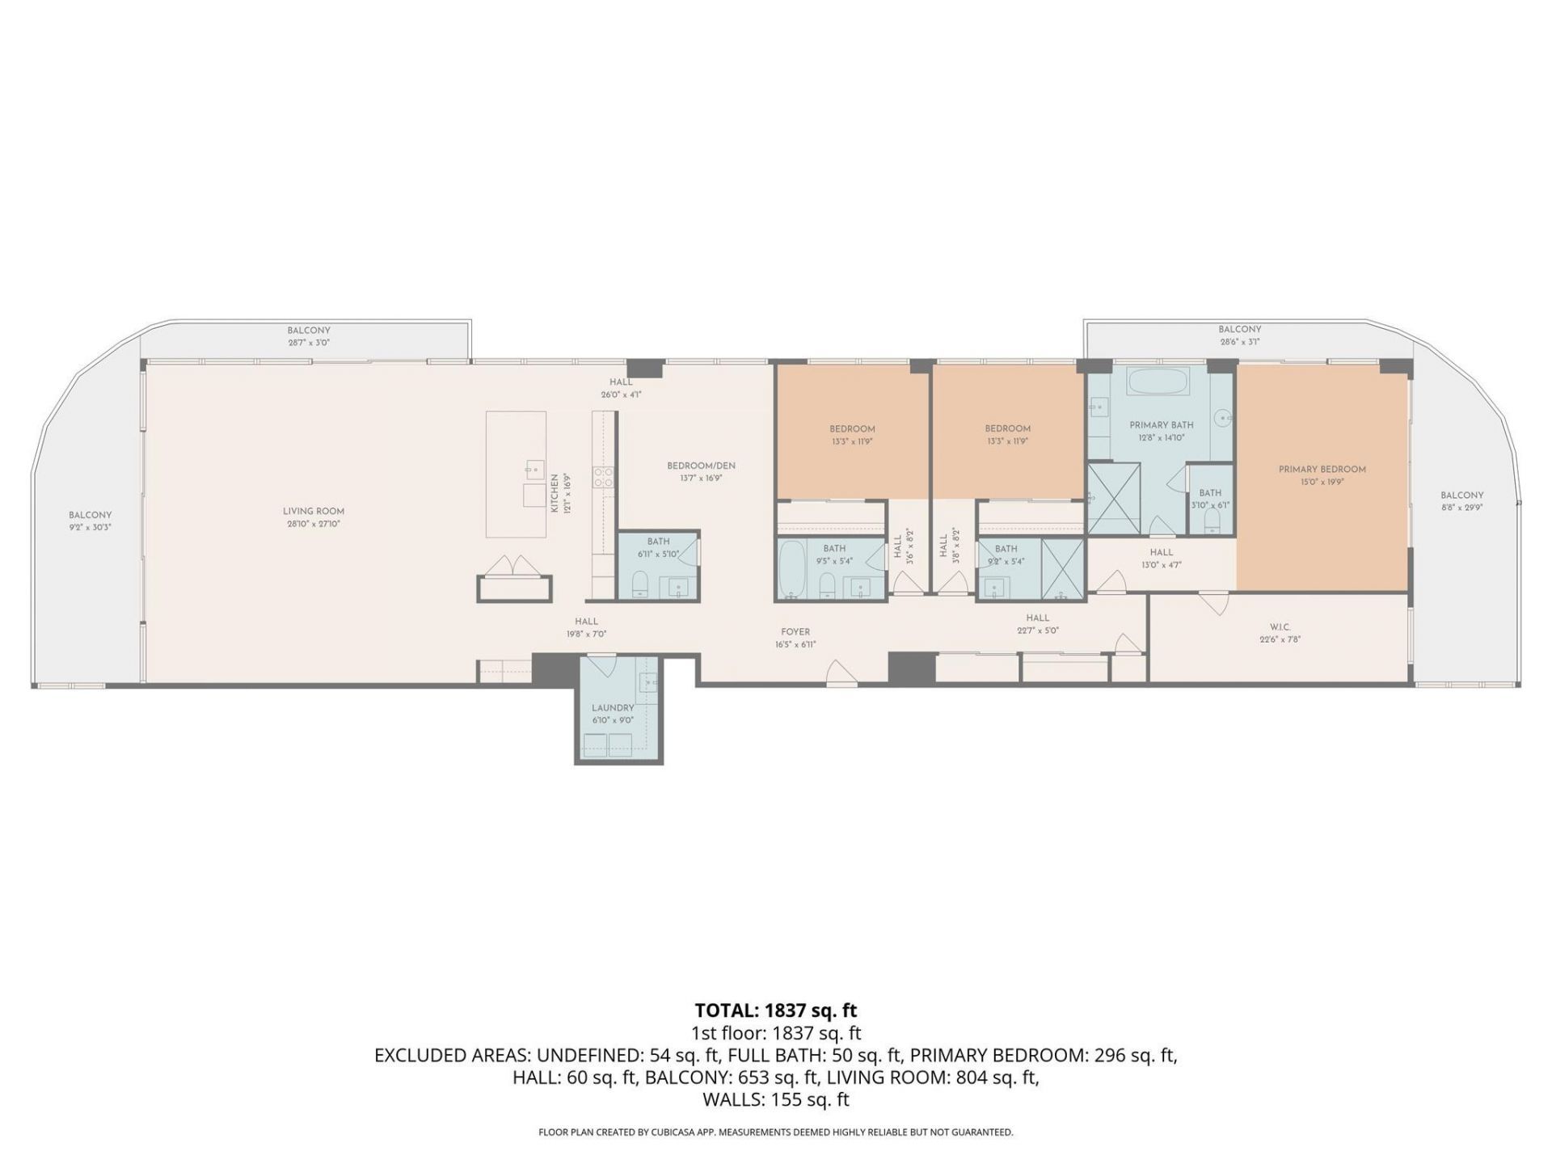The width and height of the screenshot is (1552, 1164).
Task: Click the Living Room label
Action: click(x=314, y=511)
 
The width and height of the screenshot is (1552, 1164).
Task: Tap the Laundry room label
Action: click(x=613, y=707)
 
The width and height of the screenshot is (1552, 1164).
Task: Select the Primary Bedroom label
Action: click(x=1322, y=469)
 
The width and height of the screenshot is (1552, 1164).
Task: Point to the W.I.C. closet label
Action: click(x=1280, y=626)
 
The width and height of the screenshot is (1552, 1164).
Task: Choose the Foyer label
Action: click(x=795, y=632)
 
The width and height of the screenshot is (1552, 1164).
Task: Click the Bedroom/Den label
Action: click(x=701, y=466)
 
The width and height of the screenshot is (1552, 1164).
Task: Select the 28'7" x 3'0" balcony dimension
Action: click(x=309, y=343)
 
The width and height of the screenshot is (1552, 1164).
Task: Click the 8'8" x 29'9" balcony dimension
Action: click(x=1461, y=508)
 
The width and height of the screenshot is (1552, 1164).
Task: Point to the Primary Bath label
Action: click(x=1161, y=424)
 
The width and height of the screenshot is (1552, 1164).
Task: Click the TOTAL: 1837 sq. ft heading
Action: click(x=775, y=1010)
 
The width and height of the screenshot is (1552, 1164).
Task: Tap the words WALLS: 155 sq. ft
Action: click(x=775, y=1099)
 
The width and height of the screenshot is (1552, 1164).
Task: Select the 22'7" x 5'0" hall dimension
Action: click(x=1037, y=630)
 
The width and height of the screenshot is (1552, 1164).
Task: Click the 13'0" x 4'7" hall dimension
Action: click(x=1161, y=565)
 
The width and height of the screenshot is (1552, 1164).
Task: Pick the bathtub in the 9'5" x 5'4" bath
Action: click(x=791, y=569)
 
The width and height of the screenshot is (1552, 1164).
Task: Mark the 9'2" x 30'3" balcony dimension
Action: click(x=90, y=527)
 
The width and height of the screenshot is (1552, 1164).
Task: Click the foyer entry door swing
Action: click(x=841, y=673)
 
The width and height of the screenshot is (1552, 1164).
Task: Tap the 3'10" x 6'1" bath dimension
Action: click(x=1209, y=505)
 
